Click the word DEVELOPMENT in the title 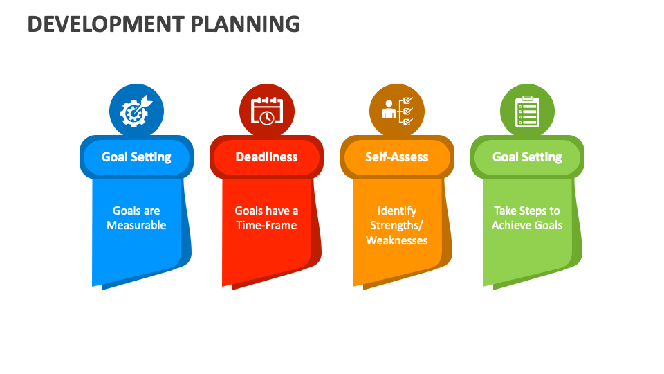point(106,24)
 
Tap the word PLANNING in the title point(246,24)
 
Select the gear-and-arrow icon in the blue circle point(136,112)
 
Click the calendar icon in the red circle point(267,112)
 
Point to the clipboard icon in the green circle point(527,112)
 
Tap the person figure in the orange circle point(389,109)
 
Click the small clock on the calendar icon point(267,118)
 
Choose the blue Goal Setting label point(136,157)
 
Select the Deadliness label point(267,157)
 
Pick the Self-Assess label point(397,157)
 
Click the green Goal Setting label point(527,157)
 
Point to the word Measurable point(136,225)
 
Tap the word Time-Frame point(266,225)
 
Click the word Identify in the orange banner point(397,211)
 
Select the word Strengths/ point(397,226)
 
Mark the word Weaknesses point(397,240)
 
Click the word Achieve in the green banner point(510,225)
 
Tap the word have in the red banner point(278,211)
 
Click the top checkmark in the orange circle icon point(408,100)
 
